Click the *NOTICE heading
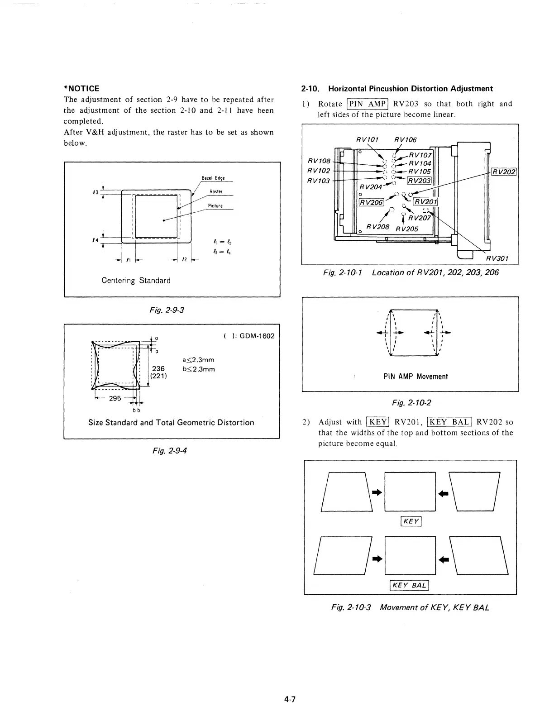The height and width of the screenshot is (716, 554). pos(81,88)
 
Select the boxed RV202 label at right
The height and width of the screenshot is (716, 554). pos(504,172)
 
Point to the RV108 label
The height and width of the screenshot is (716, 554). pos(319,161)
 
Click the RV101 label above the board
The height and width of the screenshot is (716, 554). pos(367,139)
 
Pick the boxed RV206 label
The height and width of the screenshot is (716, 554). pos(371,202)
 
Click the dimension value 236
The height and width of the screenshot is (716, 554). pos(158,368)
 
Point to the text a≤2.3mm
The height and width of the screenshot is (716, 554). pos(198,360)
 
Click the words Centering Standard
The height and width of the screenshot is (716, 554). pos(136,281)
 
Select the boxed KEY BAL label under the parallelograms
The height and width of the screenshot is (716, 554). pos(410,585)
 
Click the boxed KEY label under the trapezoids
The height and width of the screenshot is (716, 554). pos(411,521)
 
